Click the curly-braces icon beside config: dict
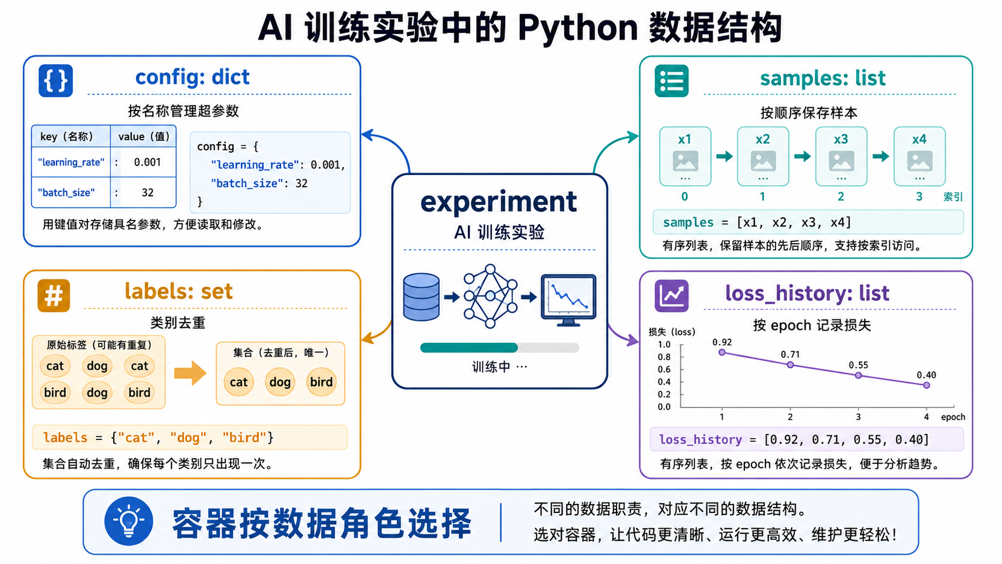coord(56,81)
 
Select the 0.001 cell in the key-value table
coord(147,162)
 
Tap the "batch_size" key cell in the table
coord(66,193)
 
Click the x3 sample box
coord(841,156)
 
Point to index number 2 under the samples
coord(841,197)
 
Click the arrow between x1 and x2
coord(724,156)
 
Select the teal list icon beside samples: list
coord(671,81)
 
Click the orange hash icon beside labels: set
coord(54,295)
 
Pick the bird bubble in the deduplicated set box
coord(321,382)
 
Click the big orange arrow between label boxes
coord(190,373)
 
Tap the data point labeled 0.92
coord(722,352)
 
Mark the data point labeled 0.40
coord(926,385)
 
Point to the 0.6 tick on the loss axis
coord(664,369)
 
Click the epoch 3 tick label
coord(858,417)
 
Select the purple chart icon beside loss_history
coord(671,295)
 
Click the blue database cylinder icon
coord(421,297)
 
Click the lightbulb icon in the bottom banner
coord(129,521)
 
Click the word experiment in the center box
coord(499,202)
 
